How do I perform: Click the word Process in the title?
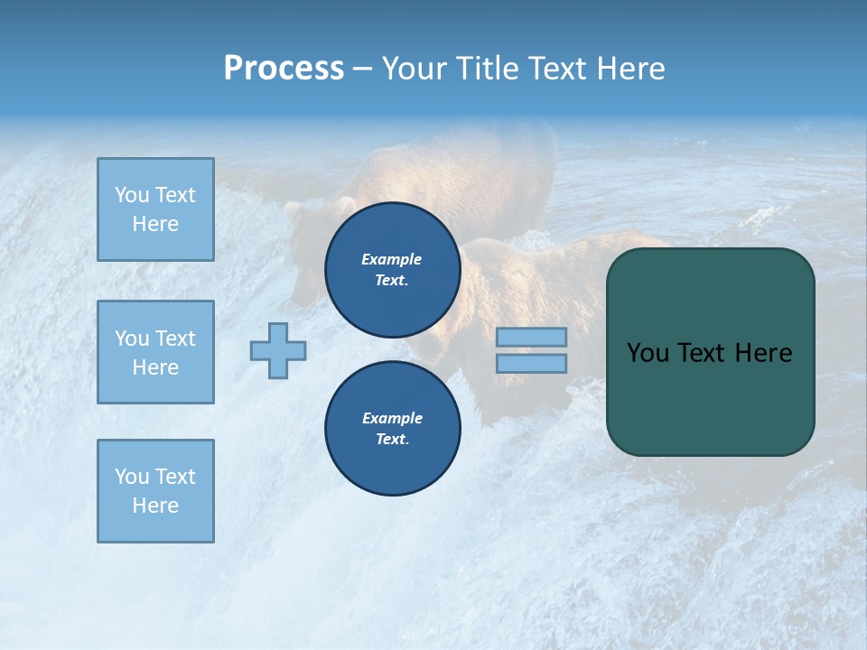(284, 69)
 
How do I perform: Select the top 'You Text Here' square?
(155, 209)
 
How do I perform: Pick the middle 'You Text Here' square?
(155, 352)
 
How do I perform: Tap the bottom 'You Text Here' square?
(155, 491)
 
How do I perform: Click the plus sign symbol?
(278, 350)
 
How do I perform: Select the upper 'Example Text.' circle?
(392, 269)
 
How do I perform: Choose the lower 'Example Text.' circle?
(392, 428)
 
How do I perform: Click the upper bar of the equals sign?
(531, 337)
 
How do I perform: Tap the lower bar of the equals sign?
(531, 363)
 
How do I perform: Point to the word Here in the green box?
(763, 353)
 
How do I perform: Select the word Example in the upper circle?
(392, 259)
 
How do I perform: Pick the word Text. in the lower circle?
(392, 439)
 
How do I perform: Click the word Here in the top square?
(155, 224)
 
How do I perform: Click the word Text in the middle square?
(175, 339)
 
